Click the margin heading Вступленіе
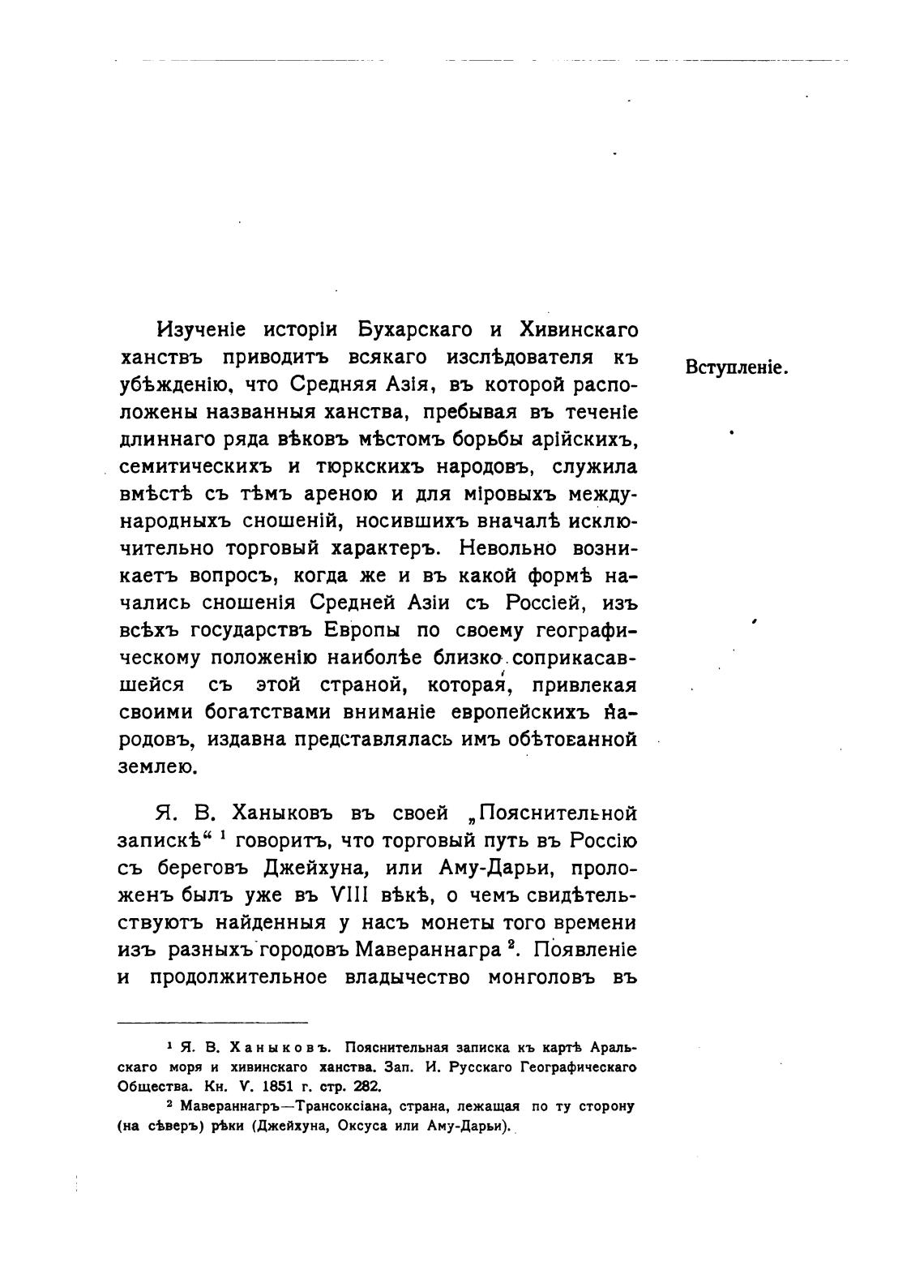pos(737,367)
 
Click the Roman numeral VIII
pos(346,895)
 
